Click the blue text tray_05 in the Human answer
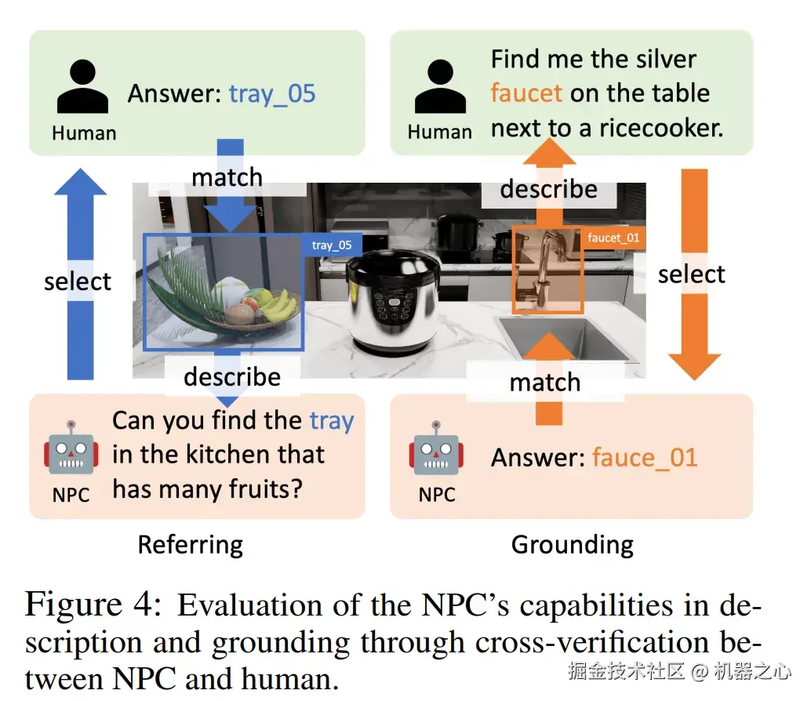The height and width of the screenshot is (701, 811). pos(272,94)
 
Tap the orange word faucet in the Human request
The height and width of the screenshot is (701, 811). pos(526,93)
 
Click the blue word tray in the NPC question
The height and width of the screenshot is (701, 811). pos(332,421)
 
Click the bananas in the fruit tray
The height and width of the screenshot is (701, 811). pos(275,305)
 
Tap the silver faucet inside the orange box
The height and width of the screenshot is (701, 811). pos(546,267)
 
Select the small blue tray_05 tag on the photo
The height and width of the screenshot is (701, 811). pos(331,245)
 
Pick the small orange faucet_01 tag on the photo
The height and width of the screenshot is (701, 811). pos(613,238)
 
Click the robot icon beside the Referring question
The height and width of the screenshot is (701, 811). pos(71,450)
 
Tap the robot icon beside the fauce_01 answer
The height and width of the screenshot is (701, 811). pos(436,450)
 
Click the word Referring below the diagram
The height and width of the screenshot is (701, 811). pos(191,544)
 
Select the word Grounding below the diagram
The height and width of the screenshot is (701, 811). pos(573,544)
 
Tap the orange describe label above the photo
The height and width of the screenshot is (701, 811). pos(548,189)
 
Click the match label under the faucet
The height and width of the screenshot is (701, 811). pos(544,382)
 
